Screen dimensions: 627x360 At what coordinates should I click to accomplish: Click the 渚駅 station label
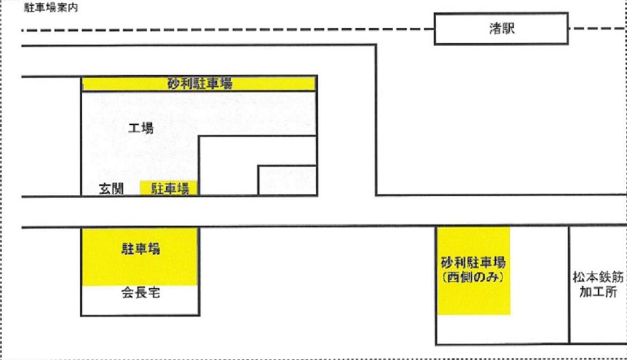point(502,28)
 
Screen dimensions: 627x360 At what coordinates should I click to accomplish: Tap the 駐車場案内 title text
point(51,7)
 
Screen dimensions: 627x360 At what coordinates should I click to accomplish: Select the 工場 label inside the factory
point(141,128)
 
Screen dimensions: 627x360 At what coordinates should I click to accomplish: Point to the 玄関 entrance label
point(111,188)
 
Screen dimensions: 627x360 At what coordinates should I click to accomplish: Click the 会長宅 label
point(141,293)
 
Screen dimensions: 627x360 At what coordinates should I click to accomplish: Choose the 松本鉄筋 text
point(598,277)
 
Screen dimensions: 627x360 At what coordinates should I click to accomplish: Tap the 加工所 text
point(598,292)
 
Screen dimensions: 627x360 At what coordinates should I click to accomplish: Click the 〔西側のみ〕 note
point(473,277)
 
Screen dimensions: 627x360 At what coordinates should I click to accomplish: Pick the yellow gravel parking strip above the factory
point(199,84)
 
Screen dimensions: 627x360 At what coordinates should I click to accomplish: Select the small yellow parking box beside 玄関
point(169,188)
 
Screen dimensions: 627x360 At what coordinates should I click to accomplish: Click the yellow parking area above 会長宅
point(140,257)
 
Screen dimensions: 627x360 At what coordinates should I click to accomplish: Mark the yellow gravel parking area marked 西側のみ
point(473,271)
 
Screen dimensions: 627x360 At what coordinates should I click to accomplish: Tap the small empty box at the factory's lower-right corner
point(287,180)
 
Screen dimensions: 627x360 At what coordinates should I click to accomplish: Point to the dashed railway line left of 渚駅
point(228,30)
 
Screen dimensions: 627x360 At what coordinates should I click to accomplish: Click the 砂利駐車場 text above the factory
point(200,84)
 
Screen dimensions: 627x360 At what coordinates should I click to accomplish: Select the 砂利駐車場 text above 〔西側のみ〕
point(473,262)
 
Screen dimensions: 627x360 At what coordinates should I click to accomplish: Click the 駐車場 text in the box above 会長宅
point(141,248)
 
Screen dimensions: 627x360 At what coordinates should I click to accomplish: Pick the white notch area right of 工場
point(228,165)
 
